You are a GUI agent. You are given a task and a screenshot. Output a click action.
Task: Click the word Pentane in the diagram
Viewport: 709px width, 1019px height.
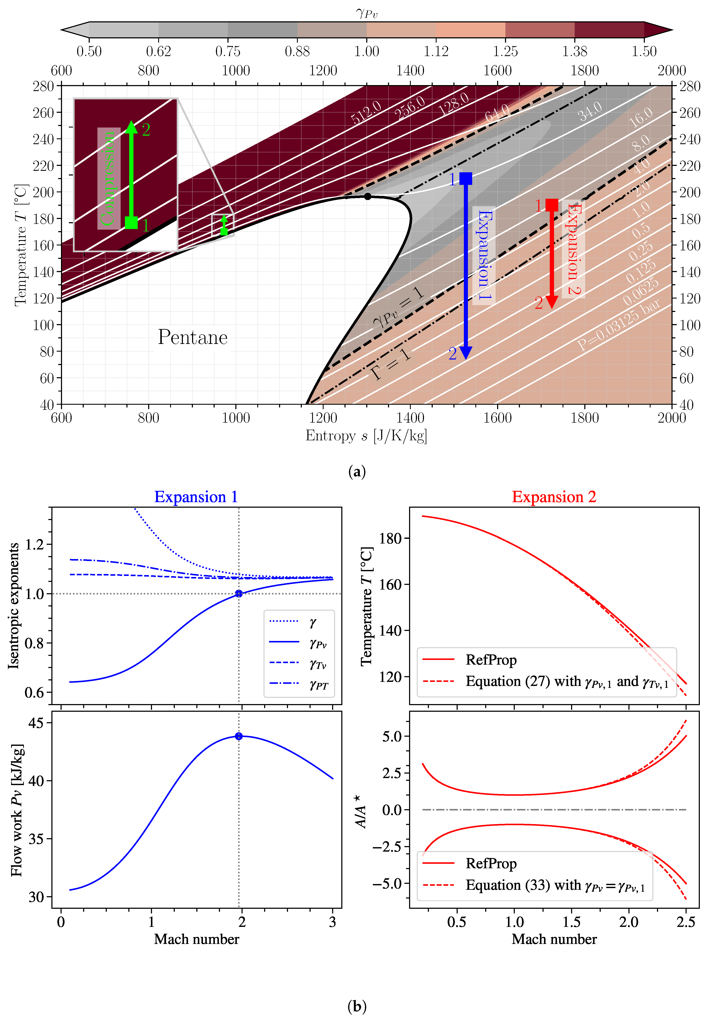192,337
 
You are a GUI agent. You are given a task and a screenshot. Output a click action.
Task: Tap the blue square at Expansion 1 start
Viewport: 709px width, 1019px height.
465,178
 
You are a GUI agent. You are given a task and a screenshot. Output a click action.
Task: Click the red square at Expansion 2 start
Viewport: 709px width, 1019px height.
551,205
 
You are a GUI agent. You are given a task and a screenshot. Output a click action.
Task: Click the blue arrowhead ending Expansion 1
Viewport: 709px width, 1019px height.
465,353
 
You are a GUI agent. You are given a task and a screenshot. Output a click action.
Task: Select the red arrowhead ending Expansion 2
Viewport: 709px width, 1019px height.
551,302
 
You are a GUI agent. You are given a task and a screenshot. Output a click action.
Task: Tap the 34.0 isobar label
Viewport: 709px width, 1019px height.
590,111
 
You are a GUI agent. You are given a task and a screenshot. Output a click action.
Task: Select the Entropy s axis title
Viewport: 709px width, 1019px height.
366,436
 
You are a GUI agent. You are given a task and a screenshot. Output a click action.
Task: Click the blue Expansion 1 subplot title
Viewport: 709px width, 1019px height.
196,497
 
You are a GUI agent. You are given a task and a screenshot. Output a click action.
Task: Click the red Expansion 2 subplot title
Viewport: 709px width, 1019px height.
554,497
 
